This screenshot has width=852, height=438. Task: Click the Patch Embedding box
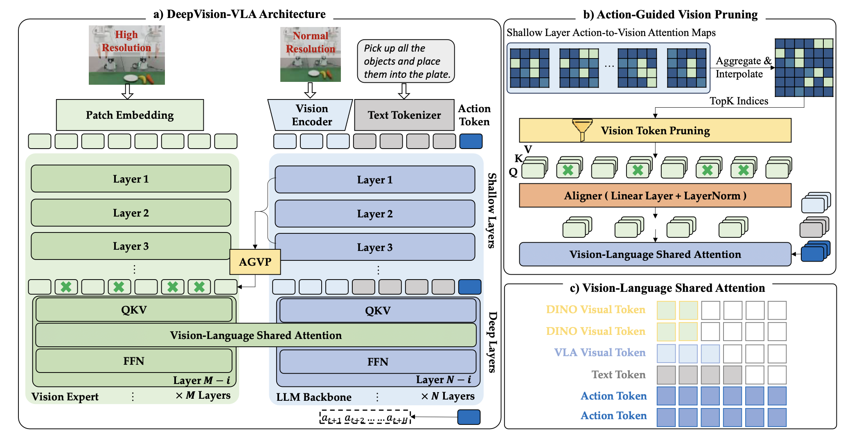(130, 115)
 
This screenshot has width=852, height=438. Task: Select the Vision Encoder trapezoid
(310, 115)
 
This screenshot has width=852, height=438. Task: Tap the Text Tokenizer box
(404, 115)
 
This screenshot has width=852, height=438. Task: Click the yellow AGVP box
(255, 262)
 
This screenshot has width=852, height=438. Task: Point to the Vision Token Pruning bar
(655, 131)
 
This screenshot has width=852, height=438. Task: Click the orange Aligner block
(655, 196)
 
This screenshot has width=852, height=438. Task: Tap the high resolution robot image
(127, 55)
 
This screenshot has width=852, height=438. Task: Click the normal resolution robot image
(311, 54)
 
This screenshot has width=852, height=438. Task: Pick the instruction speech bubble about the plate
(406, 61)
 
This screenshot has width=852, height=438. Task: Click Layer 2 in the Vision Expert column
(131, 213)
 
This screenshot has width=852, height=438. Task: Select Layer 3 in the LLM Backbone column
(375, 247)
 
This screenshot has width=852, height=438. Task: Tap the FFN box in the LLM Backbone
(378, 362)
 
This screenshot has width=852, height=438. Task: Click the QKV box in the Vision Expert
(134, 310)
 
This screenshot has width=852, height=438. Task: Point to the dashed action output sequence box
(365, 417)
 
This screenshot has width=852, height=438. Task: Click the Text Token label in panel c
(618, 375)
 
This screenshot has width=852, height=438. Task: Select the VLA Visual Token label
(600, 352)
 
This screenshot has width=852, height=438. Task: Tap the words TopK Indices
(739, 101)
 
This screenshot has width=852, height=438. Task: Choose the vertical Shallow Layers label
(492, 210)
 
